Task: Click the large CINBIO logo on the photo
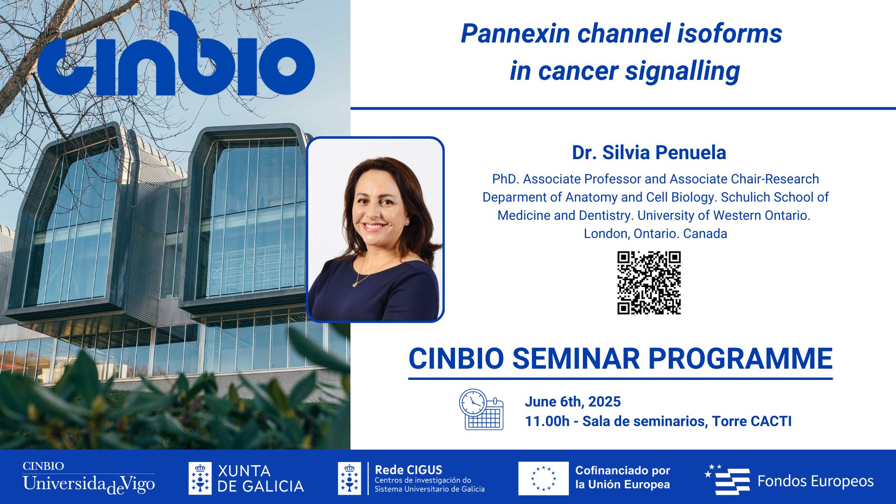[176, 55]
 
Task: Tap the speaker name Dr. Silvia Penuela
[649, 153]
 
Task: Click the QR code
[649, 283]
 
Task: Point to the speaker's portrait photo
[375, 230]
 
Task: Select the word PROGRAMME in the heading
[741, 358]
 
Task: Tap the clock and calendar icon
[481, 409]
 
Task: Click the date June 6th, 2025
[573, 401]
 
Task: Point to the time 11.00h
[547, 421]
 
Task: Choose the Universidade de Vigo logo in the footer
[89, 478]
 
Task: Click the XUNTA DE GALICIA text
[260, 478]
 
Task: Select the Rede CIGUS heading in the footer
[408, 469]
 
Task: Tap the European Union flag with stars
[543, 478]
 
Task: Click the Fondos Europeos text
[815, 481]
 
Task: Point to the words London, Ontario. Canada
[655, 233]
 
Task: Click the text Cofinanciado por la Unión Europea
[623, 477]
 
